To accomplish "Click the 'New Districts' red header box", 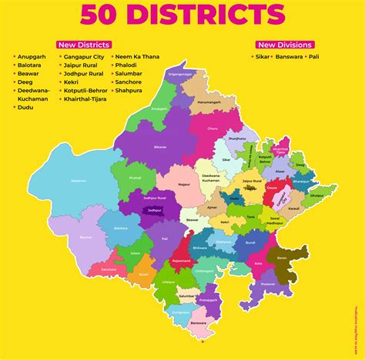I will pos(83,45).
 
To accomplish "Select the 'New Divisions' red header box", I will pos(283,45).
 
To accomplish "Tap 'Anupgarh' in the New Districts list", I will pos(35,57).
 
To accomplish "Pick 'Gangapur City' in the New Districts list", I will pos(87,57).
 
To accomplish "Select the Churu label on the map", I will pos(211,129).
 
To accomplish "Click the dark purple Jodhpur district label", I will pos(154,208).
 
